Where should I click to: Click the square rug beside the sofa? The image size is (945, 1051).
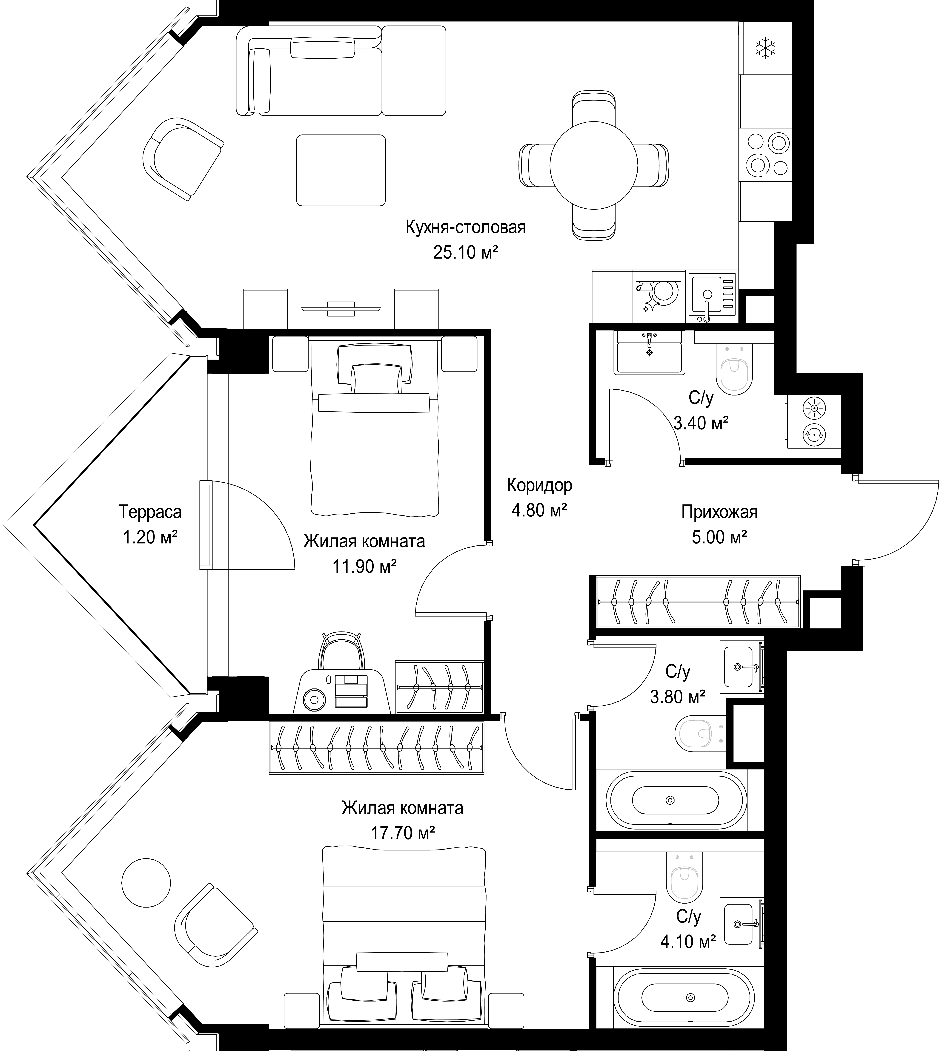click(x=341, y=170)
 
